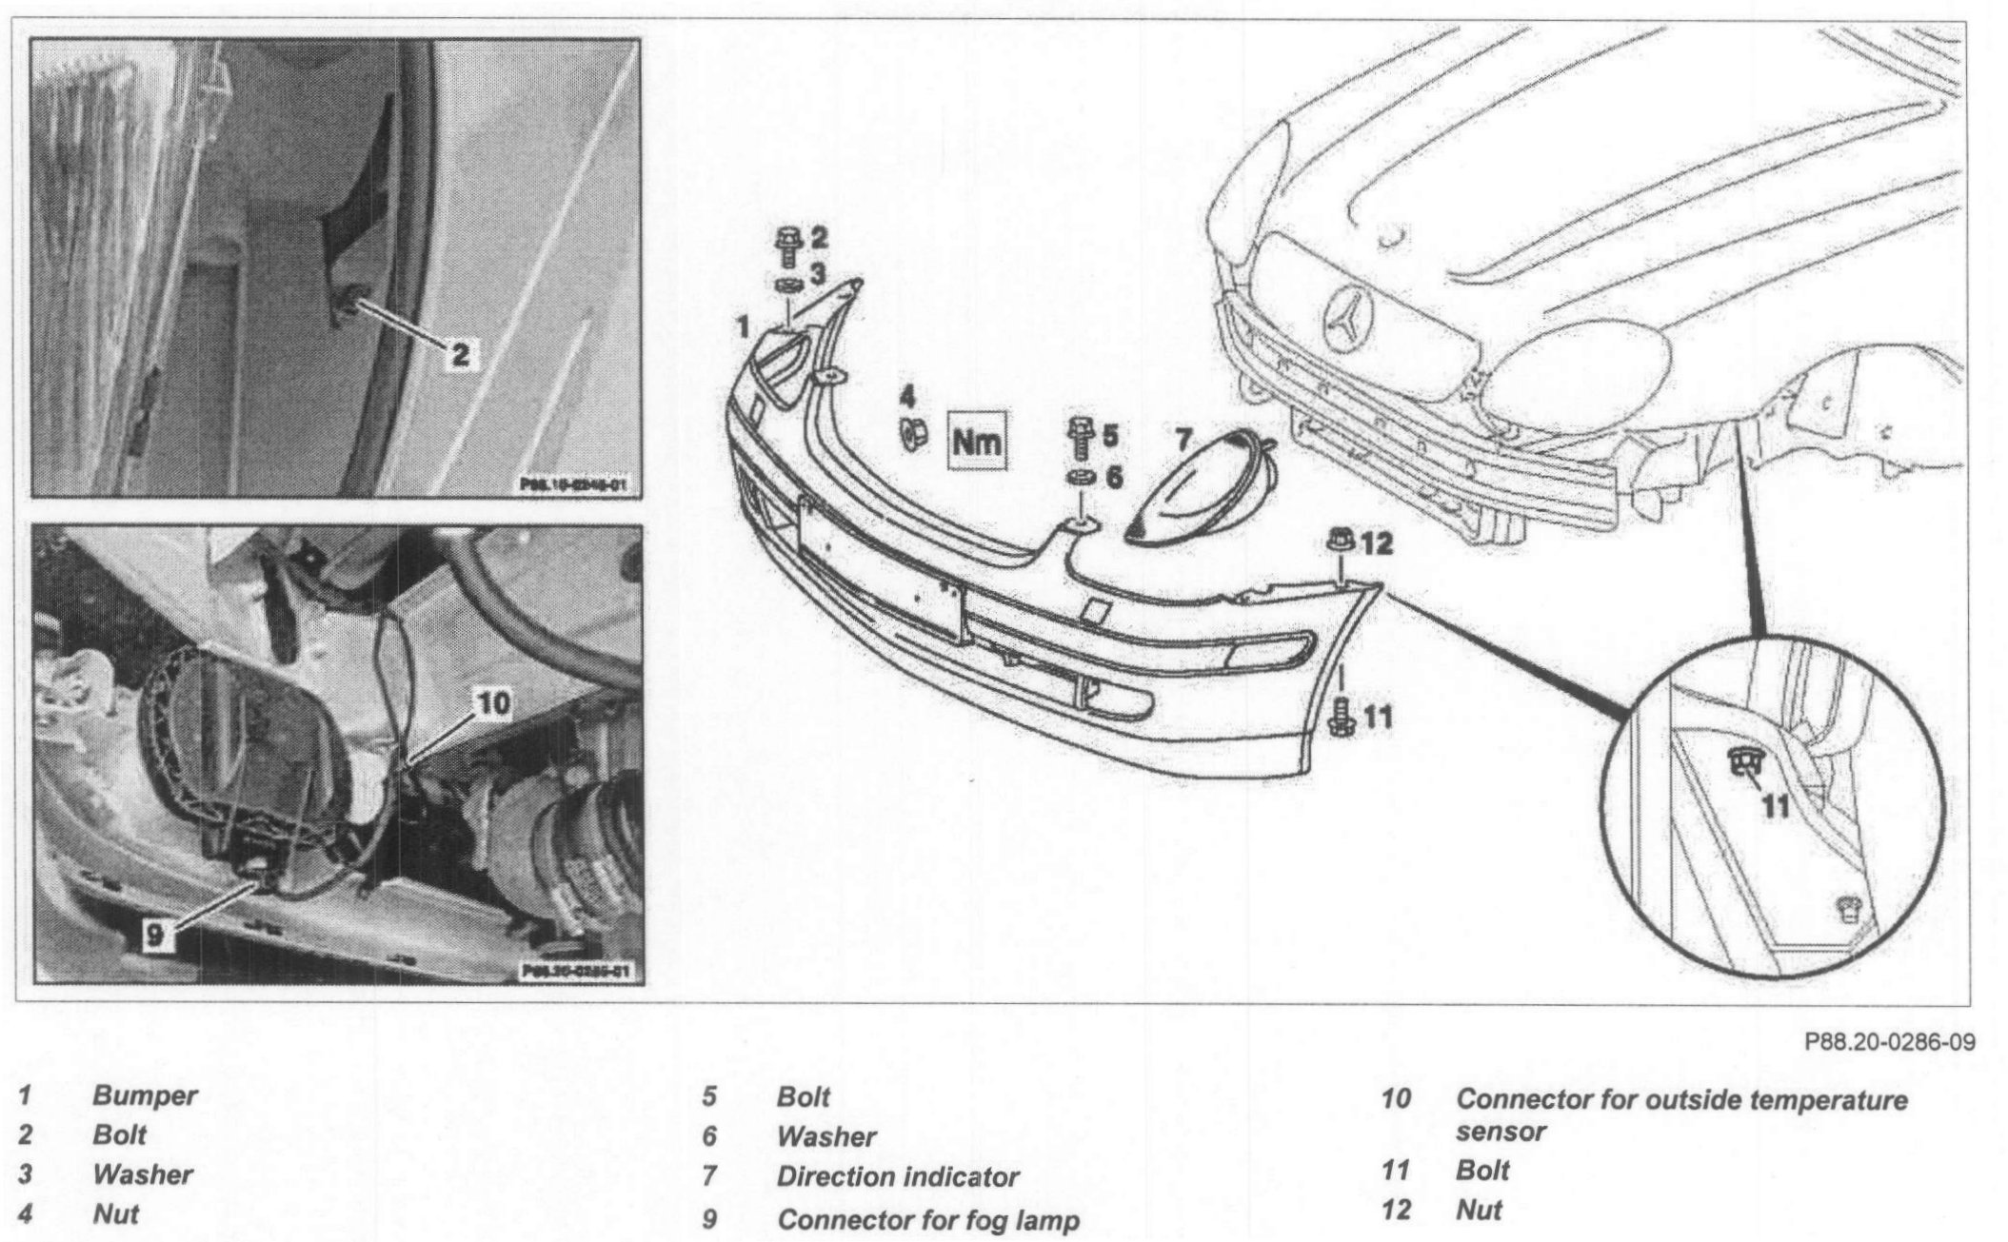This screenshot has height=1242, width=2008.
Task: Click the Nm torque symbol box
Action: [x=977, y=442]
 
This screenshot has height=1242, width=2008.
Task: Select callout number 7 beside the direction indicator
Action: [x=1183, y=439]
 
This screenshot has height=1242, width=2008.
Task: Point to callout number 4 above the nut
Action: [x=908, y=395]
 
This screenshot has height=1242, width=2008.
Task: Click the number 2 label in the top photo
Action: [x=460, y=355]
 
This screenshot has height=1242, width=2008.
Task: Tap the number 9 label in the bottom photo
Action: [x=154, y=936]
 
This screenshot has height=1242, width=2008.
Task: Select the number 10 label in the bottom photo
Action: [x=491, y=703]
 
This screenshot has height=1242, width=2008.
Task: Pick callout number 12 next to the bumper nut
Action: [x=1376, y=544]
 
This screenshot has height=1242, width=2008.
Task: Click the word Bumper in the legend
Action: [x=145, y=1095]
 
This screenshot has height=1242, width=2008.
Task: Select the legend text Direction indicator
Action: [x=897, y=1177]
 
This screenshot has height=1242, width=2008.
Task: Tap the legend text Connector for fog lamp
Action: [x=927, y=1219]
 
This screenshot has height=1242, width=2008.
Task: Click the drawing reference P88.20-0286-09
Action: [x=1890, y=1041]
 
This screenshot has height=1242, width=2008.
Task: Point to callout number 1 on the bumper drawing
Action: [x=743, y=328]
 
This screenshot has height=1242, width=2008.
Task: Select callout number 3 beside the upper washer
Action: [x=818, y=275]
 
